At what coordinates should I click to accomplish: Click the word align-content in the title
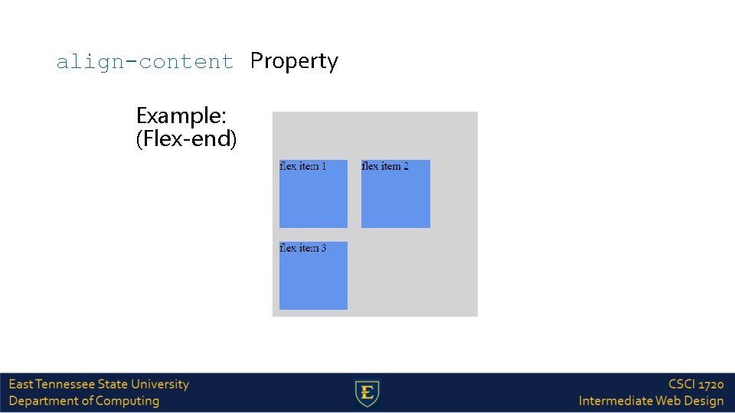[145, 61]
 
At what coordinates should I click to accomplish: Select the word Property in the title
[294, 61]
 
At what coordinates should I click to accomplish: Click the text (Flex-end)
[186, 139]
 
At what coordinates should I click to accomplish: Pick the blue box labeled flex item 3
[313, 282]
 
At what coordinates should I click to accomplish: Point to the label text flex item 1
[303, 166]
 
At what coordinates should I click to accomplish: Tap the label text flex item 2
[385, 166]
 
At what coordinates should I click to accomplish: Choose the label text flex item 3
[303, 248]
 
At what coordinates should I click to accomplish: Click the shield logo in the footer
[367, 393]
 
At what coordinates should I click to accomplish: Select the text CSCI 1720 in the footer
[696, 385]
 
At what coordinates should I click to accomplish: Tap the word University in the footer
[159, 385]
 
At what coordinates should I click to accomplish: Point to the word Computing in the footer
[129, 401]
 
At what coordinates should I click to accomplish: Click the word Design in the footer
[702, 401]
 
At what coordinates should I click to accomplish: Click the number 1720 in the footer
[710, 385]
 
